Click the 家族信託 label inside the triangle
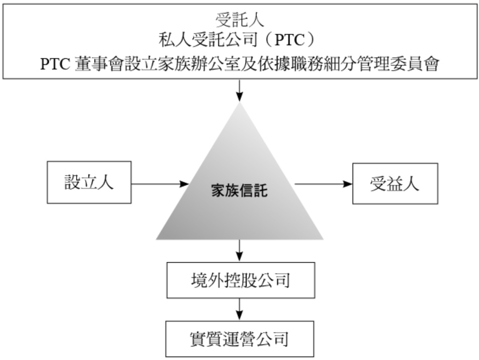(x=239, y=190)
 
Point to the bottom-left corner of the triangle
(x=157, y=239)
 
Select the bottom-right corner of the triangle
(x=323, y=239)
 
